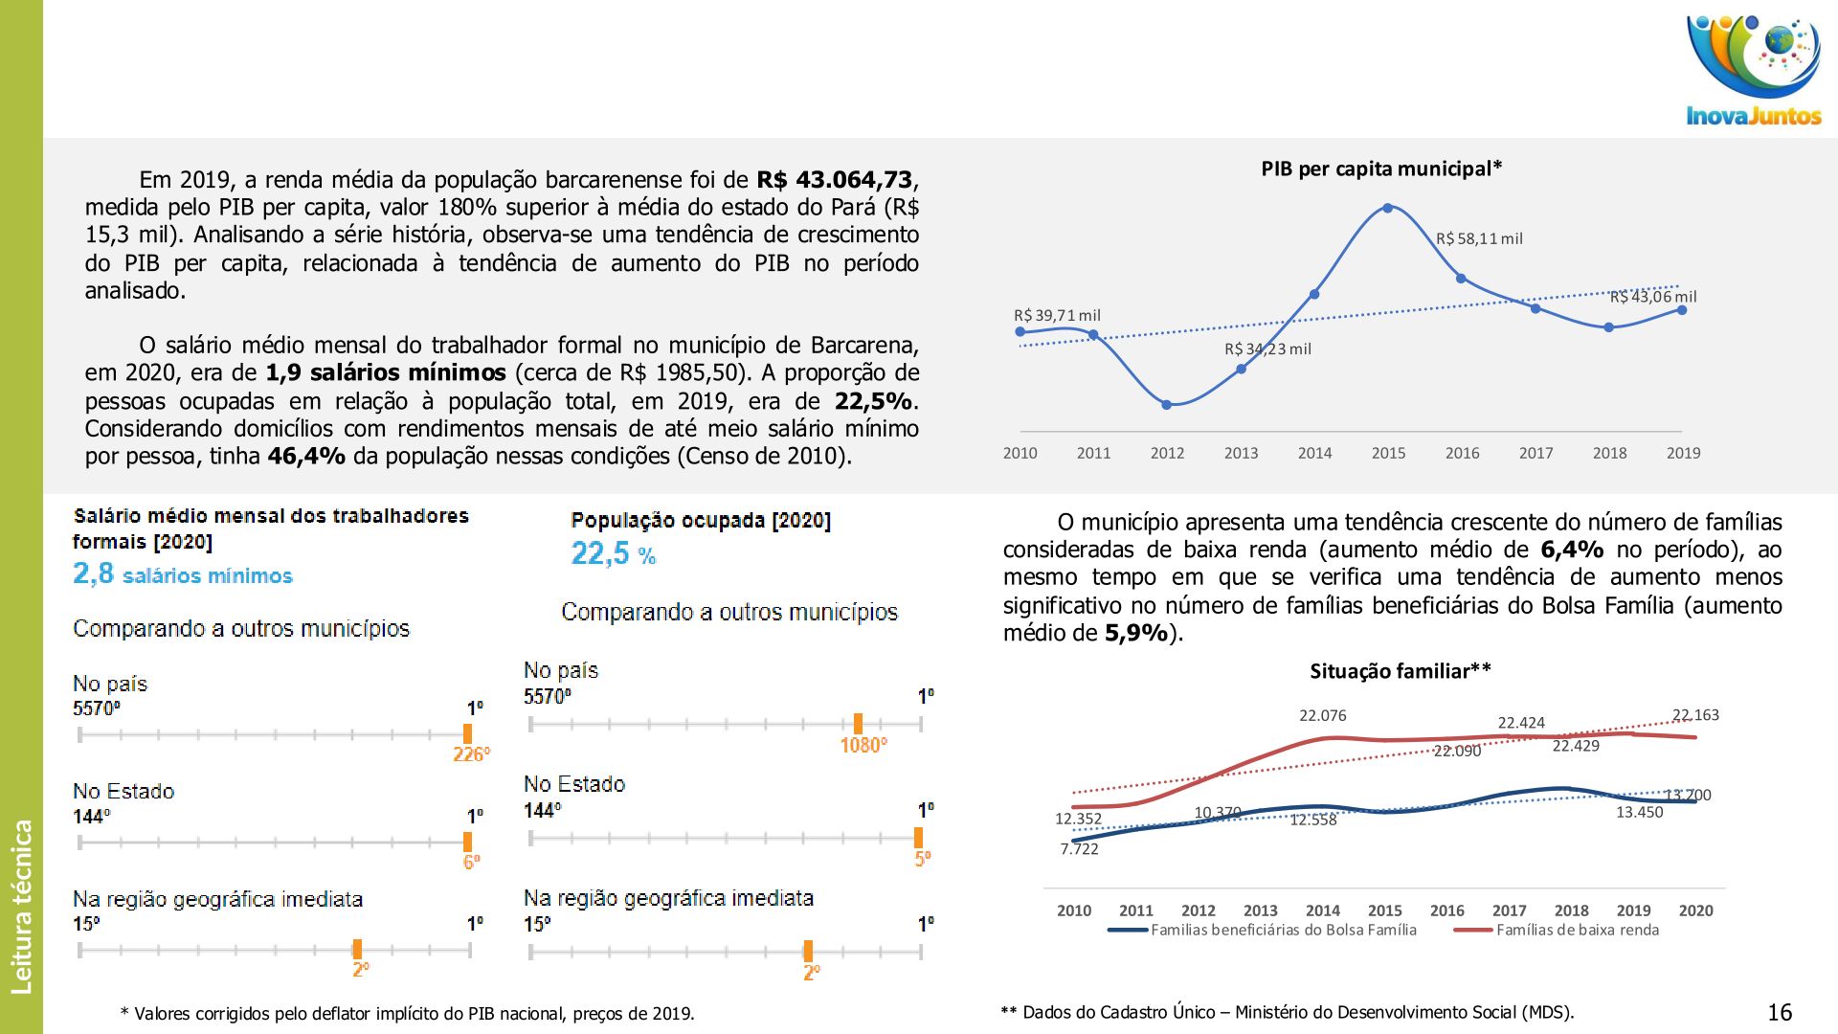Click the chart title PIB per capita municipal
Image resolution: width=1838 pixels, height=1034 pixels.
pos(1380,169)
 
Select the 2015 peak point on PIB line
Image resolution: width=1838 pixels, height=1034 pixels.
pos(1388,208)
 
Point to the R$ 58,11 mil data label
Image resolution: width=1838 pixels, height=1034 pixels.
pos(1479,238)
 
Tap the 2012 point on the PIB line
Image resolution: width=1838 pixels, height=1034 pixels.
pos(1167,405)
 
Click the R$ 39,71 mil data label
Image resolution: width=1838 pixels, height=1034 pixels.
pos(1057,315)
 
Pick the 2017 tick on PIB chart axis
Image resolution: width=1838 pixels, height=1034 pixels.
pos(1535,453)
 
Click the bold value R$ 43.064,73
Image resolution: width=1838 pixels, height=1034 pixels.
pos(836,180)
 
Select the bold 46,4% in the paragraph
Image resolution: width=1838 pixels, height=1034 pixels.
pos(306,457)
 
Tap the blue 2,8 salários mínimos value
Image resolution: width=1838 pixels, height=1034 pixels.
pos(182,574)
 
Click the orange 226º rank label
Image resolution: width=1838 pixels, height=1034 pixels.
pos(471,754)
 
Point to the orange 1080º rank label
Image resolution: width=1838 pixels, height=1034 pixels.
pos(863,745)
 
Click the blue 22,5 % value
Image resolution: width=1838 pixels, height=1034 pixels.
pos(613,554)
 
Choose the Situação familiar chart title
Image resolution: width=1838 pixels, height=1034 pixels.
pos(1400,671)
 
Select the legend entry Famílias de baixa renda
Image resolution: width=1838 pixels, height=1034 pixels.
pos(1577,930)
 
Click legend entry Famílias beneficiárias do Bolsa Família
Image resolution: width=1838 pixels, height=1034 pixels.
pos(1283,930)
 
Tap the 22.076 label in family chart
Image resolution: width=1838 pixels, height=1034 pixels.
pos(1322,715)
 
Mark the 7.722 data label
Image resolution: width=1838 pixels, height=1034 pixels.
pos(1079,849)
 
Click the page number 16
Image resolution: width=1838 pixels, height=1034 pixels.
pos(1780,1012)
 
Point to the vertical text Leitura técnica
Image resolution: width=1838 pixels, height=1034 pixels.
pos(21,906)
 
